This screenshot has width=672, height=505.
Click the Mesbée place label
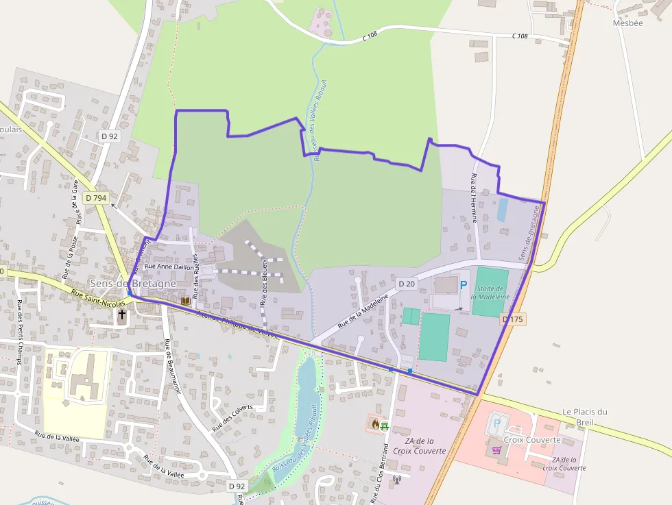tap(629, 23)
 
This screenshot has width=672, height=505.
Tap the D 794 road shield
tap(97, 198)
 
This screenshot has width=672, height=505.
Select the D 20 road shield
tap(407, 284)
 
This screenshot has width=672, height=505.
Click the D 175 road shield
tap(512, 319)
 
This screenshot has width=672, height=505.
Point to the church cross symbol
tap(122, 315)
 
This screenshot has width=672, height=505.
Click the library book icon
tap(185, 300)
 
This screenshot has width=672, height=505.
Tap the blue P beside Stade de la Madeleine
tap(464, 285)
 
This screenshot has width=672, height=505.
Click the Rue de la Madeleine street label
tap(363, 311)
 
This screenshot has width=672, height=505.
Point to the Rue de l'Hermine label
tap(474, 198)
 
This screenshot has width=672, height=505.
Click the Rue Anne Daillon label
tap(167, 266)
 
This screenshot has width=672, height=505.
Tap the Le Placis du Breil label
tap(585, 417)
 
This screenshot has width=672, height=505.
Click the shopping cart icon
tap(496, 450)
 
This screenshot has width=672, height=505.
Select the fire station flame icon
tap(375, 424)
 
